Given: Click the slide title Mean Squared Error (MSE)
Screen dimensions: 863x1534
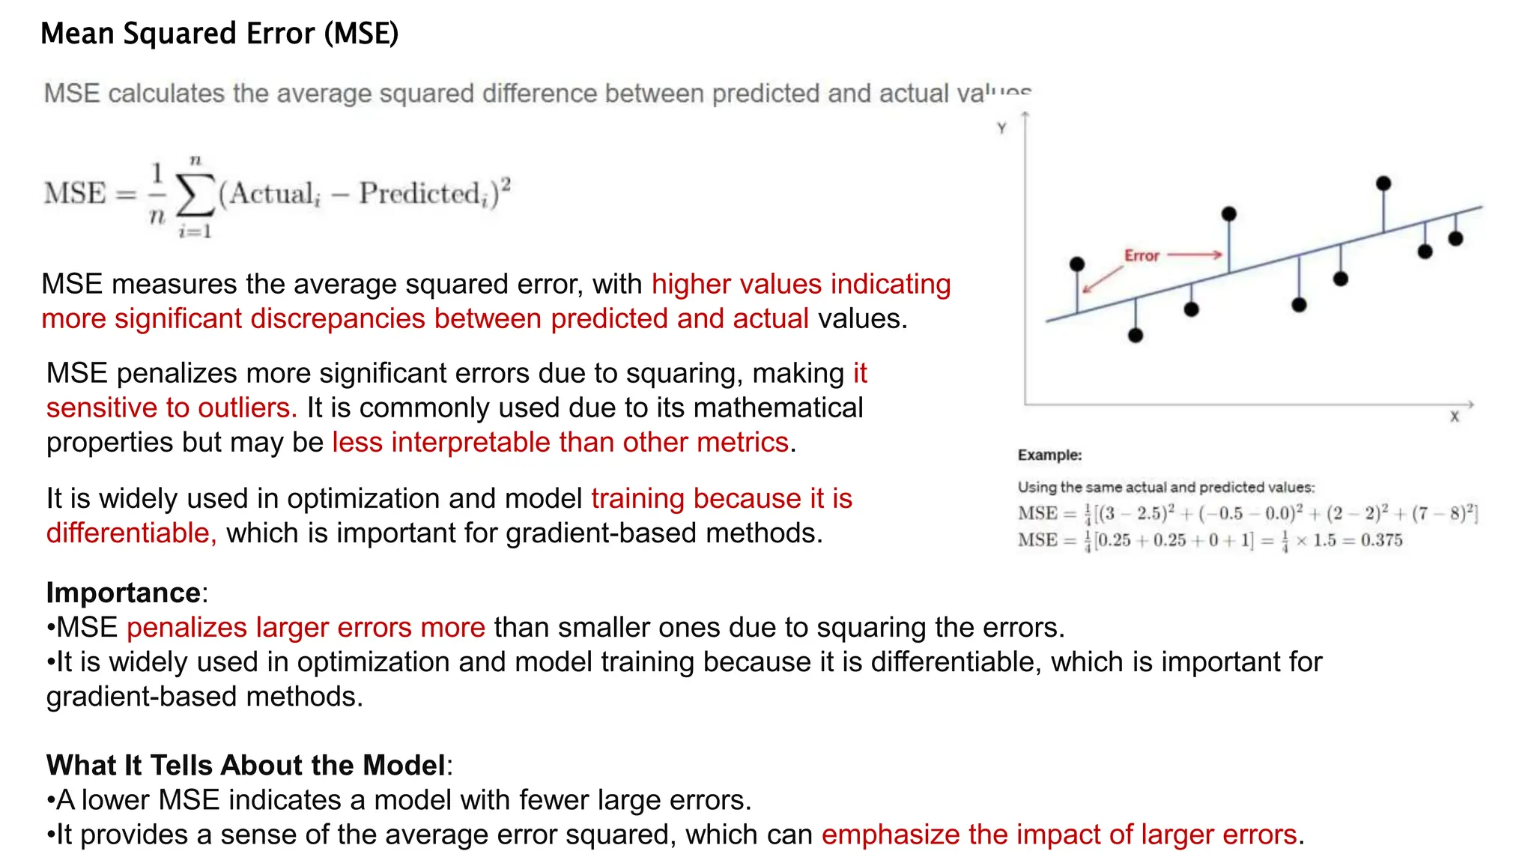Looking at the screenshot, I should [219, 34].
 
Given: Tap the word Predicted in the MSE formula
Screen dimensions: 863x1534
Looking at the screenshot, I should [420, 193].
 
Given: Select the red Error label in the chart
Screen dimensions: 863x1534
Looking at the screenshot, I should [1142, 256].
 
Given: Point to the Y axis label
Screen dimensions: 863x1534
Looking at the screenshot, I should [1001, 128].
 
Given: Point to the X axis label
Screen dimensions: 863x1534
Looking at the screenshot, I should [1454, 417].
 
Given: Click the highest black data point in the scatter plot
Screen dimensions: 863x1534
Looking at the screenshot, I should [1383, 184].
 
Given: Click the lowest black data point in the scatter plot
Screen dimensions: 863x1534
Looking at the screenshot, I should [1136, 336].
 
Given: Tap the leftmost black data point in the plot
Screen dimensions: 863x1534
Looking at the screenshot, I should [1077, 264].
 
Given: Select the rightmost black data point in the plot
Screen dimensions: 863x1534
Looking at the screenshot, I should [1455, 239].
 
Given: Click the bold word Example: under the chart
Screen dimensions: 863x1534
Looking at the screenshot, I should [1049, 455].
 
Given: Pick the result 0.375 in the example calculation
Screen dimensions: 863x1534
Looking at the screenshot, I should [1381, 540].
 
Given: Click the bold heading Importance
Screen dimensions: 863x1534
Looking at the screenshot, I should [123, 593].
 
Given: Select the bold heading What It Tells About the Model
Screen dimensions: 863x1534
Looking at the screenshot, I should [246, 766].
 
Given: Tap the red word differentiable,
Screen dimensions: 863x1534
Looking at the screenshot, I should [131, 533].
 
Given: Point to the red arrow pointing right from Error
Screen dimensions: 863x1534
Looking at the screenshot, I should [1195, 255].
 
